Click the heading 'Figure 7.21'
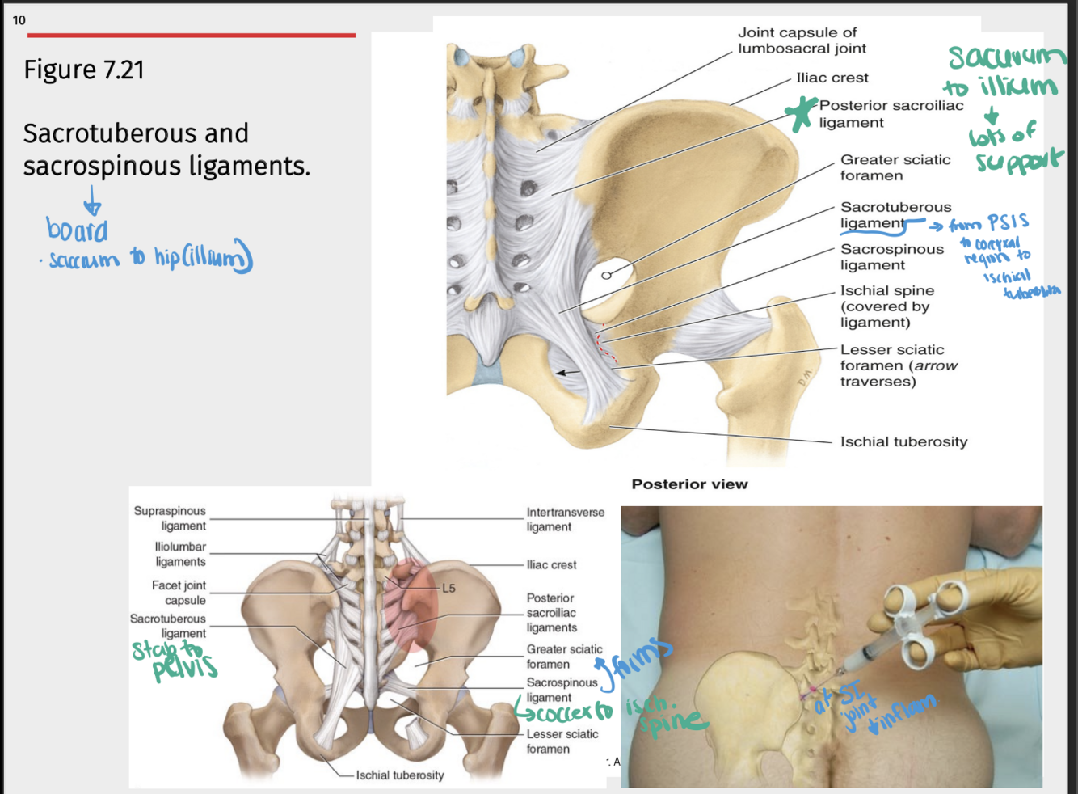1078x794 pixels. click(x=84, y=70)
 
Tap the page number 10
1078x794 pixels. click(x=19, y=20)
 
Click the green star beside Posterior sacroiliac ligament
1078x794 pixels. click(x=801, y=114)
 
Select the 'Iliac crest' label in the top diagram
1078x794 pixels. click(x=832, y=78)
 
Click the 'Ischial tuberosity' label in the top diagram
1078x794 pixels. click(x=903, y=441)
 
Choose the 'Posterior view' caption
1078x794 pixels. click(x=689, y=484)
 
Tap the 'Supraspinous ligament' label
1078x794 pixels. click(x=171, y=518)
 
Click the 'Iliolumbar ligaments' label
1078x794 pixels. click(x=180, y=554)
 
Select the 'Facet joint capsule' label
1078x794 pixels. click(x=179, y=593)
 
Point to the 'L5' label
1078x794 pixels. click(x=448, y=588)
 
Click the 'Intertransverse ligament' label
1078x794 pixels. click(x=565, y=519)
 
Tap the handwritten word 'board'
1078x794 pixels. click(x=77, y=230)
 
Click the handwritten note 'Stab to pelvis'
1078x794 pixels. click(x=175, y=659)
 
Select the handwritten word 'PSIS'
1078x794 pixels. click(x=1008, y=222)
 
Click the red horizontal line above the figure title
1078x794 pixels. click(x=191, y=36)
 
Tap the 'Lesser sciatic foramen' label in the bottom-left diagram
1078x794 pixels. click(x=562, y=741)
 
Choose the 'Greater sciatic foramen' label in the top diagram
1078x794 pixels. click(x=895, y=167)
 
